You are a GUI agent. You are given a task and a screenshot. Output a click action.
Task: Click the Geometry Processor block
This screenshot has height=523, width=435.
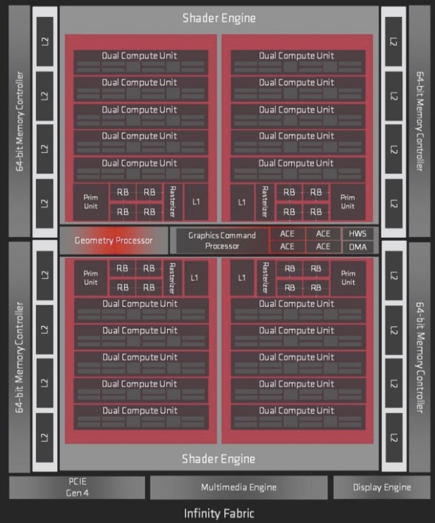click(x=114, y=241)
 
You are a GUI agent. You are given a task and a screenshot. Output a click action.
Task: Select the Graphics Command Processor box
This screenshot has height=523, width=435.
click(x=222, y=241)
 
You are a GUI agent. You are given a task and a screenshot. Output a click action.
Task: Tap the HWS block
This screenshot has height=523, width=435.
click(x=359, y=234)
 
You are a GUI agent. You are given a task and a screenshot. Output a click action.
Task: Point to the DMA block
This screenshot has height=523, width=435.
click(x=359, y=247)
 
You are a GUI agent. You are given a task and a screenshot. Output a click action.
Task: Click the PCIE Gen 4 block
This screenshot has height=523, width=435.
click(x=77, y=487)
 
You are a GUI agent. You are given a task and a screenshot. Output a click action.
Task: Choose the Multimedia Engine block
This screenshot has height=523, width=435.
click(x=238, y=487)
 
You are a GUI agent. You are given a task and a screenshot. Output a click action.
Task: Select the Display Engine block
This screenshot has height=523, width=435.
click(x=381, y=487)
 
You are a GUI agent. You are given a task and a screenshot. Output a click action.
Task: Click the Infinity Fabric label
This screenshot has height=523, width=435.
click(x=219, y=513)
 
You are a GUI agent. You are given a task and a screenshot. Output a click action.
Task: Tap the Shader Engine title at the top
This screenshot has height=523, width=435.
click(x=219, y=18)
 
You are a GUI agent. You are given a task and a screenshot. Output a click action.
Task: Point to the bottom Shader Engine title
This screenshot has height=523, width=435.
click(x=219, y=459)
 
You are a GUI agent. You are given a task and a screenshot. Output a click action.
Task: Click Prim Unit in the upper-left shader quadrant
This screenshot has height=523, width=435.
click(x=90, y=202)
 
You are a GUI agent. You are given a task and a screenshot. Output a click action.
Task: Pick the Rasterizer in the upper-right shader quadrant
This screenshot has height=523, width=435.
click(x=264, y=202)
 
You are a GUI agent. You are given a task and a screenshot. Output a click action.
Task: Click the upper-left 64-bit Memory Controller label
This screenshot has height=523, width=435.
click(x=20, y=121)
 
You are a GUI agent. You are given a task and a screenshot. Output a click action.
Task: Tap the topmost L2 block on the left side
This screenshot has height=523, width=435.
click(x=44, y=42)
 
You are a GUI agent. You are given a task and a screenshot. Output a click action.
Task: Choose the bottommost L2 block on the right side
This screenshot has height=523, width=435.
click(x=393, y=438)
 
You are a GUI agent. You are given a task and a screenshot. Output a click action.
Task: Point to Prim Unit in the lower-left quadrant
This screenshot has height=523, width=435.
click(x=90, y=278)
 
